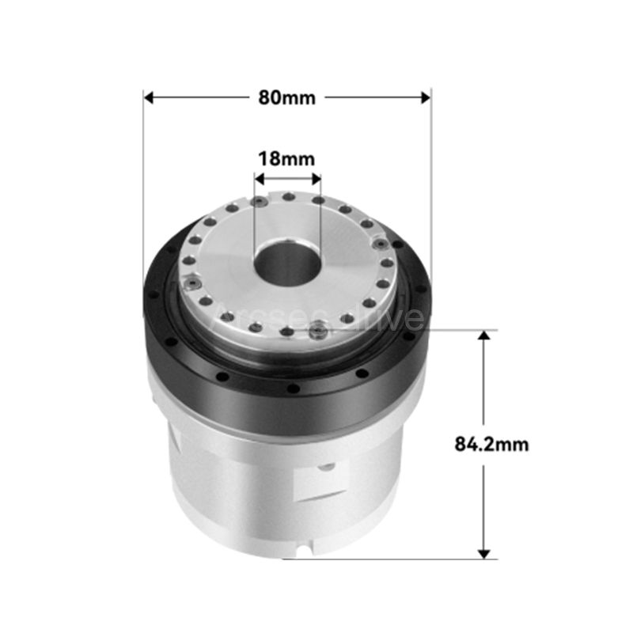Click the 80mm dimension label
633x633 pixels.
pyautogui.click(x=286, y=97)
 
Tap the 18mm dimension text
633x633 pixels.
pyautogui.click(x=286, y=157)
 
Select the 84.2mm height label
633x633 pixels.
pyautogui.click(x=491, y=444)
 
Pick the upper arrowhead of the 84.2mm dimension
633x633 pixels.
pyautogui.click(x=485, y=335)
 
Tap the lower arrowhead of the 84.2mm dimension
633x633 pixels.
pyautogui.click(x=485, y=553)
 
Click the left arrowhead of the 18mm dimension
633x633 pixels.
pyautogui.click(x=258, y=179)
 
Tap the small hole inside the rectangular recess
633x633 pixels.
pyautogui.click(x=324, y=468)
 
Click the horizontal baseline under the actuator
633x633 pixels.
pyautogui.click(x=396, y=559)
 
